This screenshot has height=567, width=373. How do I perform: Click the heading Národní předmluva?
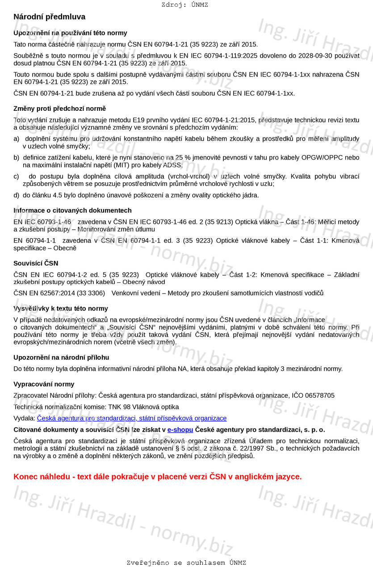pos(49,17)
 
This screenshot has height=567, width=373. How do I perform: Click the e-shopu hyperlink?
pos(180,430)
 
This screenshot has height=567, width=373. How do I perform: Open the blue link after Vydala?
pos(132,419)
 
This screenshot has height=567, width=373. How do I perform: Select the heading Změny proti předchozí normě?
pos(59,109)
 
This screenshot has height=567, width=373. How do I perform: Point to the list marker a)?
pos(17,139)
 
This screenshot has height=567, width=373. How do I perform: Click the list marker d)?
pos(17,195)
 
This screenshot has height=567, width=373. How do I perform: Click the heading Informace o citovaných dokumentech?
pos(72,210)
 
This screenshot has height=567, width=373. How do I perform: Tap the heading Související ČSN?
pos(36,264)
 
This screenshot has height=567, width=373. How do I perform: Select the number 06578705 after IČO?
pos(319,396)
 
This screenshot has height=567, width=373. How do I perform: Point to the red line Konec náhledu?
pos(157,477)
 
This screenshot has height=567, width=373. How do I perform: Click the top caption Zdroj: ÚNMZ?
pos(184,5)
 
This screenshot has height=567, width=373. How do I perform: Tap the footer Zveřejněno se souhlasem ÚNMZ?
pos(186,563)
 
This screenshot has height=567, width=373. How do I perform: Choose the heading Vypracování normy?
pos(44,384)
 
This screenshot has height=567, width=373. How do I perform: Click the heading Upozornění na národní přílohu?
pos(61,358)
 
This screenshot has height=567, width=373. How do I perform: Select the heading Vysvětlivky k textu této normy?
pos(61,309)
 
